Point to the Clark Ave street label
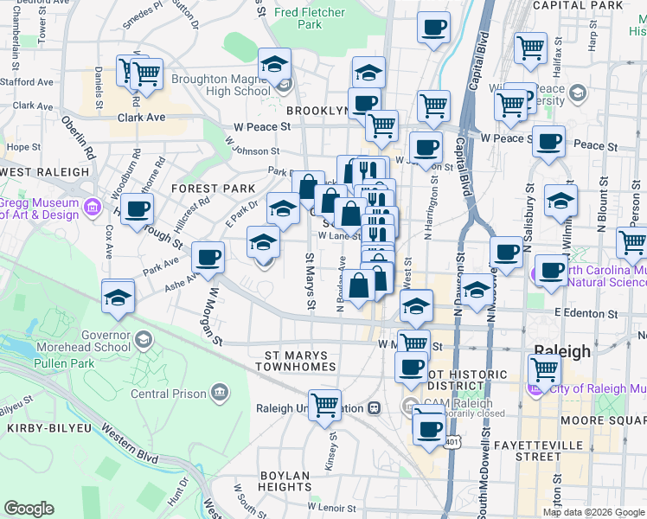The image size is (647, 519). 141,118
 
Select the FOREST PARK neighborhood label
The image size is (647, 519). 213,189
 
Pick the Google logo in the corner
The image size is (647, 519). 29,509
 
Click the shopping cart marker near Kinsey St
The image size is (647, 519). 324,403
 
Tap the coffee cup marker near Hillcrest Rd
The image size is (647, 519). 137,208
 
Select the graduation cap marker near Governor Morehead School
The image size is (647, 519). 118,297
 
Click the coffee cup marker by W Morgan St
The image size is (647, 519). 208,256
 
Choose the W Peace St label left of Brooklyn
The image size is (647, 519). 261,127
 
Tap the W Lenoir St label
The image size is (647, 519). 331,507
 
